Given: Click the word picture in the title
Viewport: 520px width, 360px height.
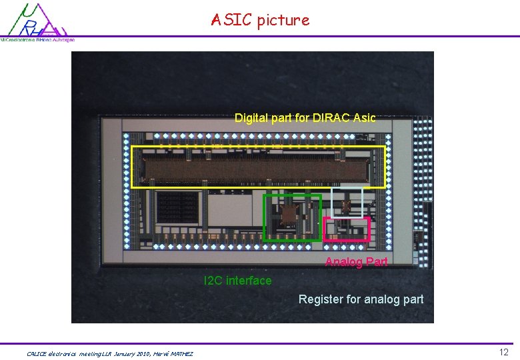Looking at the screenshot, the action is pyautogui.click(x=283, y=20).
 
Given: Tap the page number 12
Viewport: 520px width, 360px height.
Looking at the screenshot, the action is pyautogui.click(x=504, y=351).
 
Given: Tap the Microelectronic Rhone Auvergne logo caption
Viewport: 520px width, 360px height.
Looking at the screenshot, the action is pyautogui.click(x=37, y=40).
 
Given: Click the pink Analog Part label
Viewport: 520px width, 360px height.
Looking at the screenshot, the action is pyautogui.click(x=356, y=262).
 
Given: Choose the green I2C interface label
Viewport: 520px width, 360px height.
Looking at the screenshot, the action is pyautogui.click(x=238, y=281).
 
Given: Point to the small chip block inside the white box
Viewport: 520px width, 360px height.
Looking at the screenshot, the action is pyautogui.click(x=346, y=205).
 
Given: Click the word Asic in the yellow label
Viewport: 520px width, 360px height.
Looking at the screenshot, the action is pyautogui.click(x=364, y=118).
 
